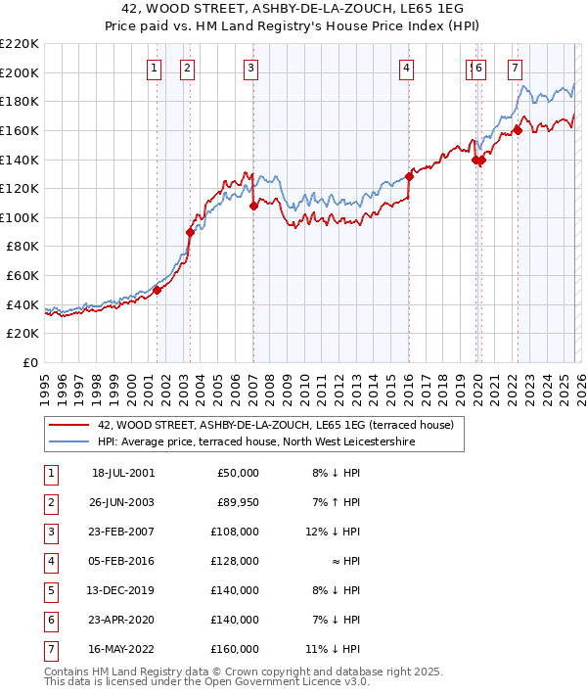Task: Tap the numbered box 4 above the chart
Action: pyautogui.click(x=406, y=68)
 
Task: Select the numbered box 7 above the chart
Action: pyautogui.click(x=515, y=68)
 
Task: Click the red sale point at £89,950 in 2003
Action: pyautogui.click(x=191, y=232)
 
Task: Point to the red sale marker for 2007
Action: pyautogui.click(x=253, y=206)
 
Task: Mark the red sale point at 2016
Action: pyautogui.click(x=409, y=177)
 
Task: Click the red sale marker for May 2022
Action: pyautogui.click(x=518, y=130)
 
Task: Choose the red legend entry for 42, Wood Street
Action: pyautogui.click(x=275, y=426)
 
